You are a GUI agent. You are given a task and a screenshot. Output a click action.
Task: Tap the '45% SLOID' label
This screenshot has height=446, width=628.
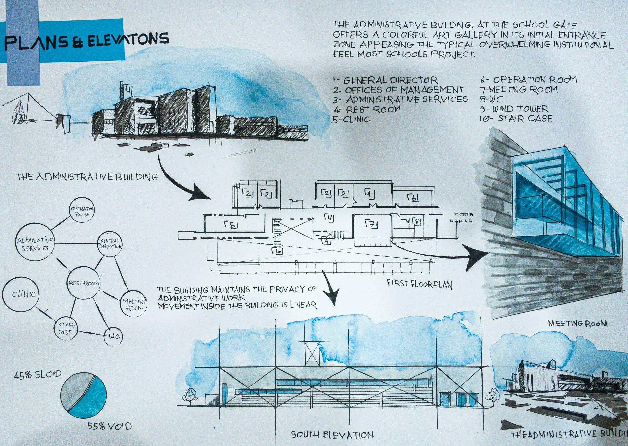pos(37,374)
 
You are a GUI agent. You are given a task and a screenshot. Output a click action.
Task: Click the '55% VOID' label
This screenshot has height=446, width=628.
pos(109,426)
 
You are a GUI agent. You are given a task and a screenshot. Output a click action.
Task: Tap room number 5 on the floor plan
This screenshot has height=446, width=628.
pos(231,225)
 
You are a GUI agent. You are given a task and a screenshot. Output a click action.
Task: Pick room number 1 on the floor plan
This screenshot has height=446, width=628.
pos(369,194)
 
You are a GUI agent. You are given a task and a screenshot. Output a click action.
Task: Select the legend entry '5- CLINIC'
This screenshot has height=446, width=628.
pos(352,119)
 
